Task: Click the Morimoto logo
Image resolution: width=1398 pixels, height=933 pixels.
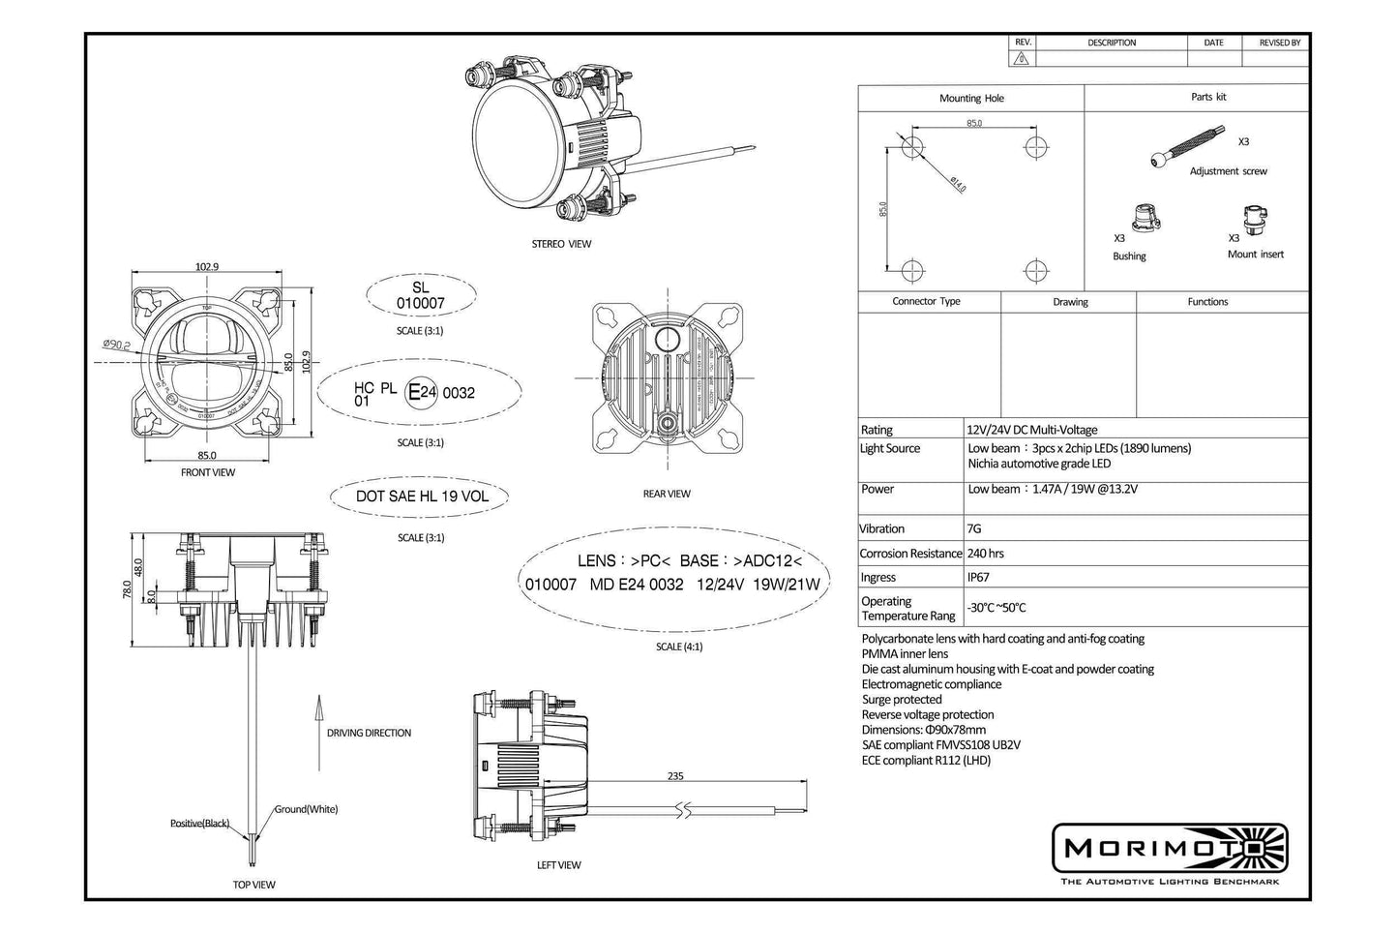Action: point(1170,849)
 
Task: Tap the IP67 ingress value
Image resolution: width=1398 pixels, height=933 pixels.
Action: point(979,577)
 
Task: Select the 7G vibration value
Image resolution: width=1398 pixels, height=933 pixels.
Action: point(975,528)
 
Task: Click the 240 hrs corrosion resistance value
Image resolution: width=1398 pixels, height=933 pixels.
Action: point(985,554)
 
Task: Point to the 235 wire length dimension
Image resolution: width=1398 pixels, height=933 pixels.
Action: point(675,775)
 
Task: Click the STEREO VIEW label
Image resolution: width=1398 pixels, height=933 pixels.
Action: point(561,244)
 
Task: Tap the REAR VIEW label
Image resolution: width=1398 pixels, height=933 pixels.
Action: point(667,494)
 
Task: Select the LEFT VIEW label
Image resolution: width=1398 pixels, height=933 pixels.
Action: point(558,865)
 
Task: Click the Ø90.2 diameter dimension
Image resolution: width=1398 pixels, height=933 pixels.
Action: point(117,344)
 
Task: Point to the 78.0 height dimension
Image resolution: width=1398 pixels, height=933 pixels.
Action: point(127,589)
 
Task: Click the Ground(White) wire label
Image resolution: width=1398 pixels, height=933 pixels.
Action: point(306,809)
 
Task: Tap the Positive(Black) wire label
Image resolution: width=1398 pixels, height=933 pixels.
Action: point(199,824)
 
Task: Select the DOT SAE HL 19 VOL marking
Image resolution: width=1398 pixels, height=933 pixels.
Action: point(422,497)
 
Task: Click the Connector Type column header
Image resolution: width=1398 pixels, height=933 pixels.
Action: point(926,301)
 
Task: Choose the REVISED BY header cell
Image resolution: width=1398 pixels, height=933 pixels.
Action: point(1279,43)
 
